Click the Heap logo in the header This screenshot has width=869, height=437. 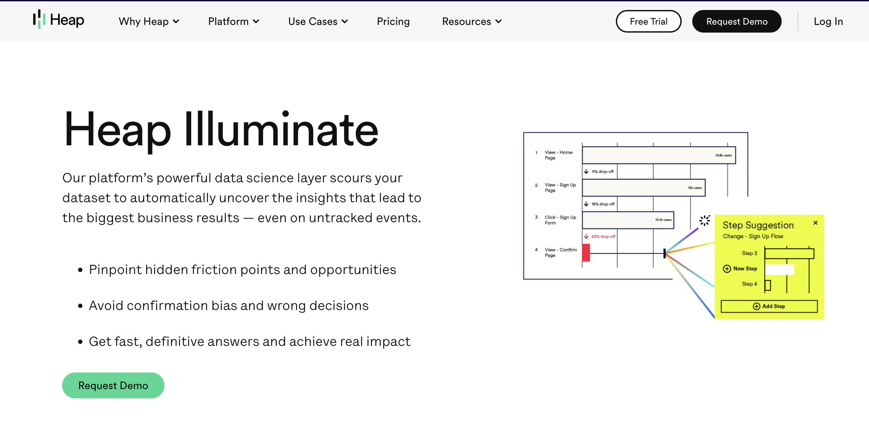click(58, 20)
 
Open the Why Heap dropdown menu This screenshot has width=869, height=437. click(149, 21)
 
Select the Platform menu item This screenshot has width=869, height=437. click(234, 21)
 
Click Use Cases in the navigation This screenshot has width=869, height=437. click(318, 21)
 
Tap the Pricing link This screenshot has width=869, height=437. click(393, 21)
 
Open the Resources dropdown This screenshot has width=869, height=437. click(472, 21)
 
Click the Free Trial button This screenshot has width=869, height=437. click(648, 21)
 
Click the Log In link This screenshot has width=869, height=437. click(828, 21)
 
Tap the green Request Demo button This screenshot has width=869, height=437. click(113, 385)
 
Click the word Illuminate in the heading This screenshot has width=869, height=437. click(281, 130)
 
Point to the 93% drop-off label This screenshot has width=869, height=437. click(603, 236)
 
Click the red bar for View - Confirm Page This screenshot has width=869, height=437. click(586, 253)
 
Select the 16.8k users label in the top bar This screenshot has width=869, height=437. click(723, 155)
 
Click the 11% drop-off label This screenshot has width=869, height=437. click(602, 172)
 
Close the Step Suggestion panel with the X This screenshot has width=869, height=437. click(816, 223)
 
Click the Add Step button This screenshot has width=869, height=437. click(769, 306)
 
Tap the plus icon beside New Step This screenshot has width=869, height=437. click(727, 269)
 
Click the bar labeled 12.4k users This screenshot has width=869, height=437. click(628, 220)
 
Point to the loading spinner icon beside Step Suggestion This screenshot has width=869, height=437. click(705, 220)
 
